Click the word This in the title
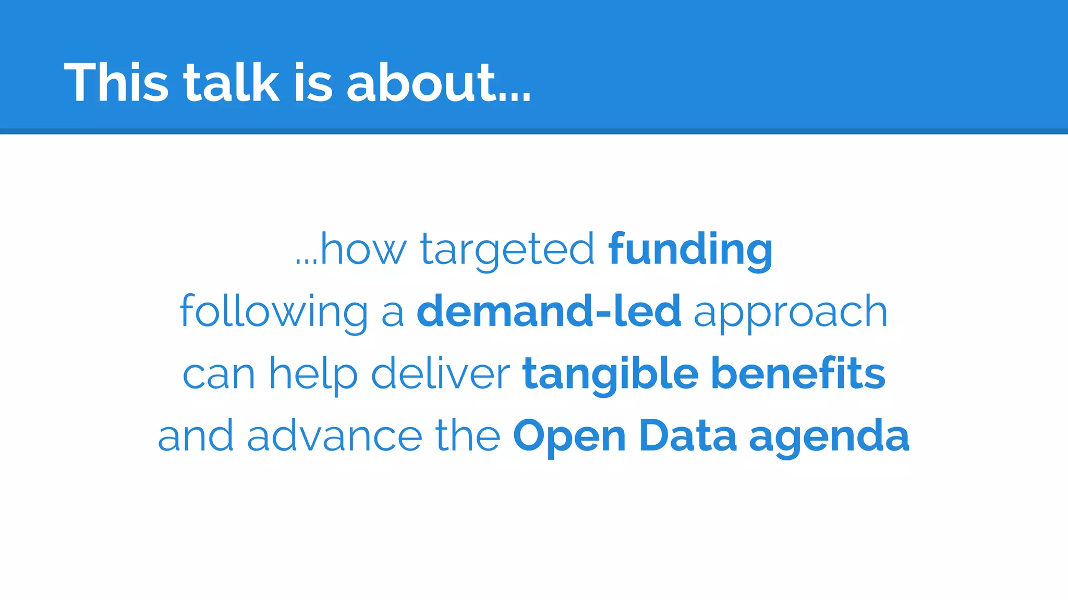(x=116, y=82)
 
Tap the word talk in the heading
(x=232, y=82)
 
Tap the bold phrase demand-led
(x=549, y=311)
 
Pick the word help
(x=313, y=374)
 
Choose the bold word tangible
(x=610, y=374)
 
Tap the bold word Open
(x=569, y=436)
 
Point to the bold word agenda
(x=829, y=436)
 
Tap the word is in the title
(x=312, y=82)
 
